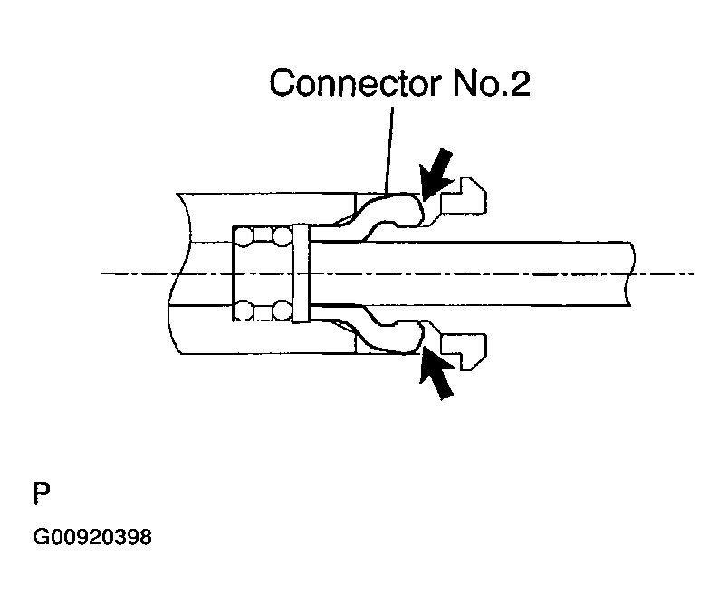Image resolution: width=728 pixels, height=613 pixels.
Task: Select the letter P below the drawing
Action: [x=42, y=494]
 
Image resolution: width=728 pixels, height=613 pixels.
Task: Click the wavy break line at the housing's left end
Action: [x=176, y=272]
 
